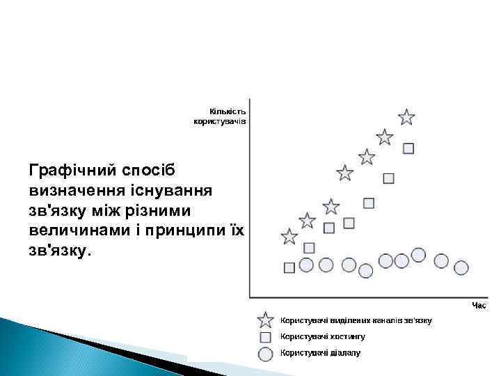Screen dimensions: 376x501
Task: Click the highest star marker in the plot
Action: point(407,117)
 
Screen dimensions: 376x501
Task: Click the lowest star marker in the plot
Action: point(289,237)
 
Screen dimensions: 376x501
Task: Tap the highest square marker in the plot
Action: point(408,148)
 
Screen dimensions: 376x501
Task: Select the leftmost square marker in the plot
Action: point(290,267)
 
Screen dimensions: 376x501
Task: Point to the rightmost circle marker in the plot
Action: point(461,267)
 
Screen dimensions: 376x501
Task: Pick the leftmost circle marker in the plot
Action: point(306,265)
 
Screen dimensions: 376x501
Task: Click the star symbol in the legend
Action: point(265,320)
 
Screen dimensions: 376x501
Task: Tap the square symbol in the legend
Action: point(265,337)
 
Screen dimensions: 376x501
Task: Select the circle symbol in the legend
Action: point(265,354)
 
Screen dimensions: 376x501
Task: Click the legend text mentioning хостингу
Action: point(322,336)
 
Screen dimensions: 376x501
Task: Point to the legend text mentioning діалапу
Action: point(320,353)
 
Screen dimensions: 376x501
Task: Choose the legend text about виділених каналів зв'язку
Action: point(356,320)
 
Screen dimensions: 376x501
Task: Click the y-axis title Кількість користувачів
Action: point(220,116)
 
